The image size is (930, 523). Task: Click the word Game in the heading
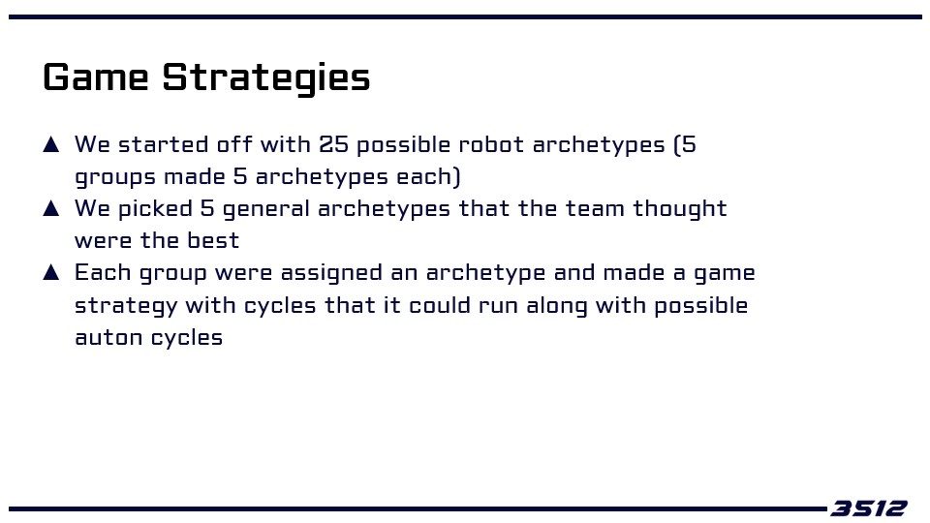pos(96,77)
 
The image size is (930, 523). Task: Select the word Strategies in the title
pos(266,78)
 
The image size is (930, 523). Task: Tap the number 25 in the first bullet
pos(333,144)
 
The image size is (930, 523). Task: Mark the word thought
pos(680,209)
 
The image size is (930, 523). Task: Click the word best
pos(213,241)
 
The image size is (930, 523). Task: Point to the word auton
pos(108,338)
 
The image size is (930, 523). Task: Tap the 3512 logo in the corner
pos(869,508)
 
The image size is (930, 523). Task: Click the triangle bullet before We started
pos(51,144)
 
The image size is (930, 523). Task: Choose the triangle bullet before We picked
pos(51,208)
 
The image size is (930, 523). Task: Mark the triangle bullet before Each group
pos(51,272)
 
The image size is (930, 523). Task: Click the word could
pos(440,305)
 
